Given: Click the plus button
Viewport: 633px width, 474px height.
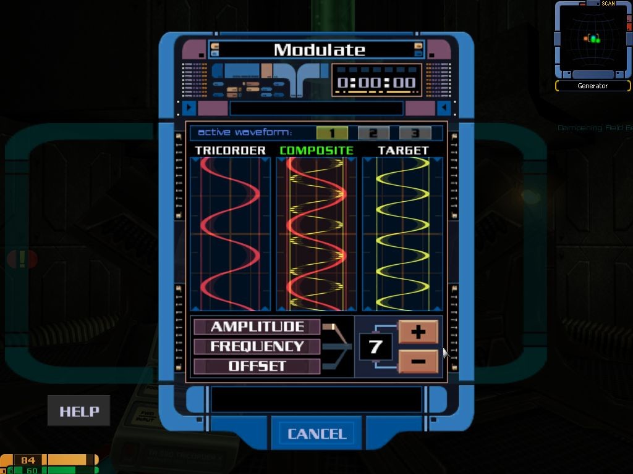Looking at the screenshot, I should click(418, 332).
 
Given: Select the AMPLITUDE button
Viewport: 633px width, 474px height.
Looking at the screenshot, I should click(257, 326).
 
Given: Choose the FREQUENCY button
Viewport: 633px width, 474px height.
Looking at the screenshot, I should click(257, 346).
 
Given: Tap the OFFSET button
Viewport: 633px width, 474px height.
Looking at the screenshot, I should click(257, 366).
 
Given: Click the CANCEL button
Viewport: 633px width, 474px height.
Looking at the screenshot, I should click(316, 434).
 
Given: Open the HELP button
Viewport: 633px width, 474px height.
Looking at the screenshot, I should click(79, 412).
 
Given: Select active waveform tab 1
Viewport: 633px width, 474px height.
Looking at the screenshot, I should click(331, 133).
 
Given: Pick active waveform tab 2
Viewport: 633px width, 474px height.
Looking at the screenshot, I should click(373, 133).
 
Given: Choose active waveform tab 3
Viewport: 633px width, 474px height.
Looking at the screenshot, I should click(415, 133).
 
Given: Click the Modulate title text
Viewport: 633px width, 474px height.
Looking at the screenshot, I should click(319, 50).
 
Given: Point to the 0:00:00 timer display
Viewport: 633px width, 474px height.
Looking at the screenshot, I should click(376, 82).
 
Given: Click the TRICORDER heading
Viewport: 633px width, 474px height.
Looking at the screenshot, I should click(230, 151).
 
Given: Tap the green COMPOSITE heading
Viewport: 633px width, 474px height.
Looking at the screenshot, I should click(316, 151).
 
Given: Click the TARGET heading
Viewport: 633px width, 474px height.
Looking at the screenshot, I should click(403, 151).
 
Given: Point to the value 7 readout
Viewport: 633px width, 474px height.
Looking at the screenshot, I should click(375, 347).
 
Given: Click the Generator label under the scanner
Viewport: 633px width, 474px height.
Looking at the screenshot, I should click(592, 86).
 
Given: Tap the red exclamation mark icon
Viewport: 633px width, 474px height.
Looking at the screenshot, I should click(22, 259).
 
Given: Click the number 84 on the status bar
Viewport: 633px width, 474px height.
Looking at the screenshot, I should click(28, 460).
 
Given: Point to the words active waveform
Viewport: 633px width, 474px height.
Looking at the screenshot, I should click(245, 133).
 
